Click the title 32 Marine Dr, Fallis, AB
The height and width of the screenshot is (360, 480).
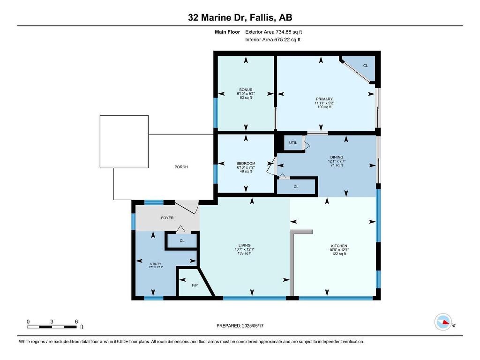click(x=240, y=17)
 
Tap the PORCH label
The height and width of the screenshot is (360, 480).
click(x=181, y=167)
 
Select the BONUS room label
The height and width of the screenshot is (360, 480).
click(x=246, y=90)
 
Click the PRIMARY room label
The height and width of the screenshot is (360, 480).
click(x=324, y=99)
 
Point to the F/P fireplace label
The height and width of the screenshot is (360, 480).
click(x=195, y=285)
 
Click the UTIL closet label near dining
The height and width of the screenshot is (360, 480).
click(x=293, y=142)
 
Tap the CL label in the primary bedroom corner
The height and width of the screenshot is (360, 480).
click(x=365, y=66)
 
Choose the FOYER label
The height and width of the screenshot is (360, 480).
click(x=167, y=218)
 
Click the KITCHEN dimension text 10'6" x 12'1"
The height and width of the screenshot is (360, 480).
click(x=339, y=250)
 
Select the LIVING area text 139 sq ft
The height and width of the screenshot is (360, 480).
click(x=245, y=253)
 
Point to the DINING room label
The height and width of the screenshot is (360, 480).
click(x=337, y=157)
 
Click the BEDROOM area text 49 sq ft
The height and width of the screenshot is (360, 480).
click(x=246, y=172)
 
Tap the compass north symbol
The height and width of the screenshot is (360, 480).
click(x=443, y=322)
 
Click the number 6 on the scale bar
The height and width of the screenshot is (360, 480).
click(x=76, y=322)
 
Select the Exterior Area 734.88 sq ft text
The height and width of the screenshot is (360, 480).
click(x=274, y=32)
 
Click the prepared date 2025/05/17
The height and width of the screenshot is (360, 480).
click(x=253, y=326)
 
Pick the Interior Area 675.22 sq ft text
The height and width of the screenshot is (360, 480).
click(x=273, y=39)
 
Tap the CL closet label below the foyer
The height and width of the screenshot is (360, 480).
click(x=182, y=240)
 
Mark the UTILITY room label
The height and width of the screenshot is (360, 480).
click(x=156, y=264)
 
